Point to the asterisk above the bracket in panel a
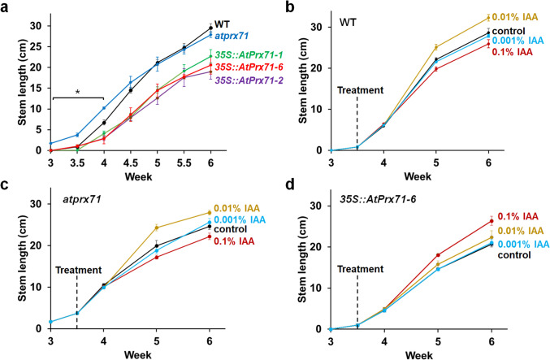point(76,93)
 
